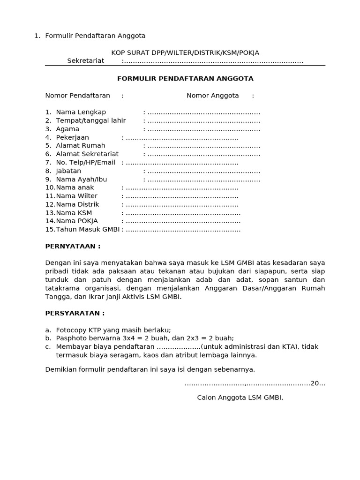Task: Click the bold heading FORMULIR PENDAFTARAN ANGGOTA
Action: pyautogui.click(x=185, y=79)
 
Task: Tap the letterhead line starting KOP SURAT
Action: pyautogui.click(x=185, y=52)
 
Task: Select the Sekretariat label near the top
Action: pyautogui.click(x=86, y=61)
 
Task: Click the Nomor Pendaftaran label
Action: pyautogui.click(x=77, y=96)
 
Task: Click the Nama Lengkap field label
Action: pyautogui.click(x=81, y=112)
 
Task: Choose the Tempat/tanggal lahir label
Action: pyautogui.click(x=90, y=120)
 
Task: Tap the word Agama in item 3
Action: pyautogui.click(x=67, y=129)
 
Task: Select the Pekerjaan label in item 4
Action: pyautogui.click(x=72, y=137)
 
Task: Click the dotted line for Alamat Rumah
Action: pyautogui.click(x=203, y=146)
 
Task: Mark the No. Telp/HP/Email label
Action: pyautogui.click(x=85, y=163)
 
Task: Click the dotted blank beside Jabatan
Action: pyautogui.click(x=203, y=171)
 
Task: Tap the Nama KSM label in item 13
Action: pyautogui.click(x=74, y=213)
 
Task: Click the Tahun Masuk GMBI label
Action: pyautogui.click(x=88, y=230)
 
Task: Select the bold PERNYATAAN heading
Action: pyautogui.click(x=73, y=247)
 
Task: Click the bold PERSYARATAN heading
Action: pyautogui.click(x=75, y=313)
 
